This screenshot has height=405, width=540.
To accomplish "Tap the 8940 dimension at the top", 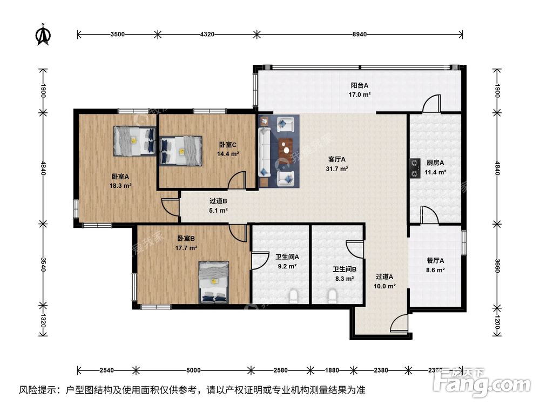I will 360,35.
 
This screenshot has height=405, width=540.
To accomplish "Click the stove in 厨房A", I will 415,167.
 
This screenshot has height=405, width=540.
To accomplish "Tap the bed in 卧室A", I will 133,141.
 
